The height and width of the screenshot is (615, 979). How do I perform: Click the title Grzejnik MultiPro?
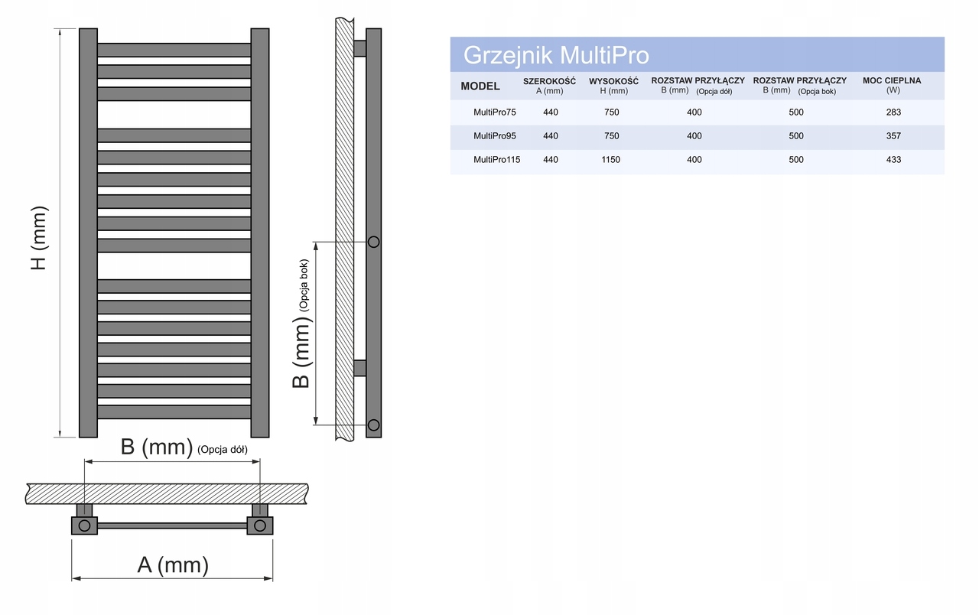coord(556,56)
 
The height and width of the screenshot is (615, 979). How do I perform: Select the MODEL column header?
coord(480,86)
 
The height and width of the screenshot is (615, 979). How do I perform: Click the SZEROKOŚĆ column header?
coord(549,85)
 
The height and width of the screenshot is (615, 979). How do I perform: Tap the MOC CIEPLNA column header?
coord(892,84)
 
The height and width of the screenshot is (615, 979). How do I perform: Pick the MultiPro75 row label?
coord(495,112)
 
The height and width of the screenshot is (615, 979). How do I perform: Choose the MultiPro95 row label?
coord(495,136)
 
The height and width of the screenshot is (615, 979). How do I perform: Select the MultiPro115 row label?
coord(497,160)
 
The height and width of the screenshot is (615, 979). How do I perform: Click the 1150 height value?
coord(610,160)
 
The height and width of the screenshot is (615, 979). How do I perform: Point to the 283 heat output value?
coord(893,112)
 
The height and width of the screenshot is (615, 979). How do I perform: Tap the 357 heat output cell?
coord(893,136)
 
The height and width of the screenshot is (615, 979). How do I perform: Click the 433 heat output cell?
coord(893,160)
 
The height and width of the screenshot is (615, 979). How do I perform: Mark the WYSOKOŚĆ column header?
coord(613,85)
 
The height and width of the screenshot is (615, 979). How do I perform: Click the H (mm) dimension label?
coord(39,237)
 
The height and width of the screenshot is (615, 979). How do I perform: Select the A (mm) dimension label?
coord(172,565)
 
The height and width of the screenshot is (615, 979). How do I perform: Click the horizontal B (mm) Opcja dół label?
coord(184,447)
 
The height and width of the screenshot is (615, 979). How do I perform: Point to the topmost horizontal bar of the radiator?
coord(174,50)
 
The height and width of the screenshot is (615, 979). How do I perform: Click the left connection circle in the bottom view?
coord(84,526)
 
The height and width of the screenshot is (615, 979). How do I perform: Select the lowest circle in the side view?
coord(373,425)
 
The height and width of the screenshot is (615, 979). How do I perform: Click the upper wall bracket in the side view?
coord(359,48)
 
